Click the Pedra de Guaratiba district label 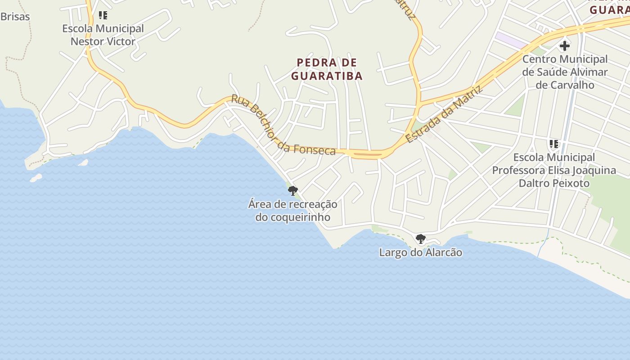click(327, 69)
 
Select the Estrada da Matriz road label click(444, 114)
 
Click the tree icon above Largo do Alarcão click(420, 239)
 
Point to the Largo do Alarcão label click(420, 252)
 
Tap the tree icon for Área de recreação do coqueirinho click(293, 190)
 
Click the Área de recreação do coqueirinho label click(292, 211)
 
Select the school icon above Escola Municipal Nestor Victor click(103, 16)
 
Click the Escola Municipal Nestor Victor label click(103, 35)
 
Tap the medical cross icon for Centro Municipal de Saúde click(564, 46)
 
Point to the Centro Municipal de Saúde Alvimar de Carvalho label click(565, 72)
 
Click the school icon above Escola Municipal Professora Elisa click(553, 144)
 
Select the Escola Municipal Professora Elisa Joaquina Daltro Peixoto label click(554, 171)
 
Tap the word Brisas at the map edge click(15, 17)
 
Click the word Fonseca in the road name click(315, 150)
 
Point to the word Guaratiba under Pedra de click(327, 76)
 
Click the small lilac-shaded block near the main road click(511, 40)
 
